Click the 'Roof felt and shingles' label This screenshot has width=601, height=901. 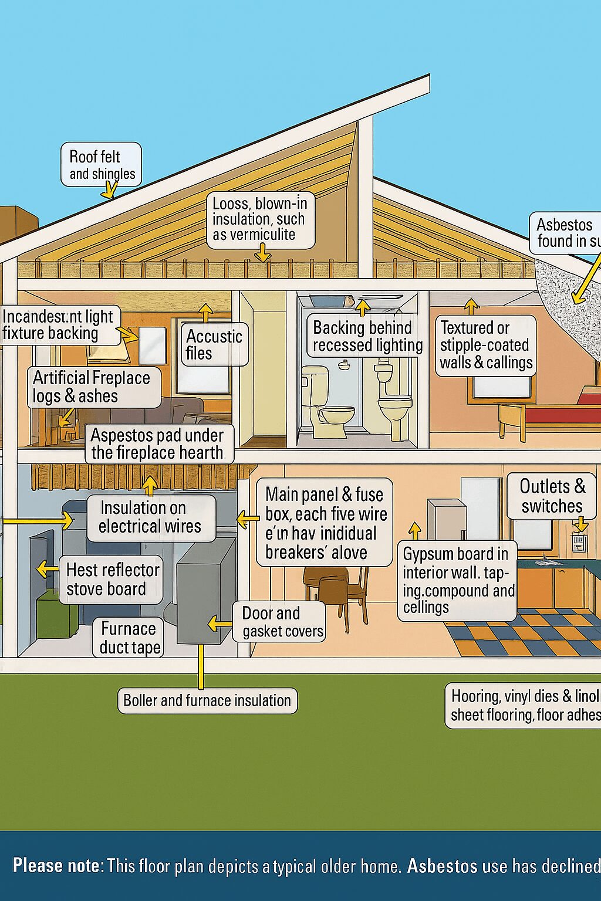[x=102, y=165]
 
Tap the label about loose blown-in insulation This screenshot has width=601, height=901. [x=261, y=219]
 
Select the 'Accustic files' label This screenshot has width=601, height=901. [x=214, y=344]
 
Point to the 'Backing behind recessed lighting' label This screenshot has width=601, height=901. [x=367, y=336]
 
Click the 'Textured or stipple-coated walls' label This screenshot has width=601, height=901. [x=486, y=345]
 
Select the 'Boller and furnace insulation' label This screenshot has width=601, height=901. [x=207, y=700]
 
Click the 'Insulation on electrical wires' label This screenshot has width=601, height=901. [x=150, y=517]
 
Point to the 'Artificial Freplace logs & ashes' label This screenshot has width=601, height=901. [x=94, y=387]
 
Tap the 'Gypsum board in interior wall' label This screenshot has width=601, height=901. [x=457, y=580]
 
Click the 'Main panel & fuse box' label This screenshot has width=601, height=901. [x=324, y=523]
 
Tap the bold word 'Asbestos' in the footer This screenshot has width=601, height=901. [x=442, y=866]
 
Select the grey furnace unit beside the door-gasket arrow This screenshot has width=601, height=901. [x=205, y=592]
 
